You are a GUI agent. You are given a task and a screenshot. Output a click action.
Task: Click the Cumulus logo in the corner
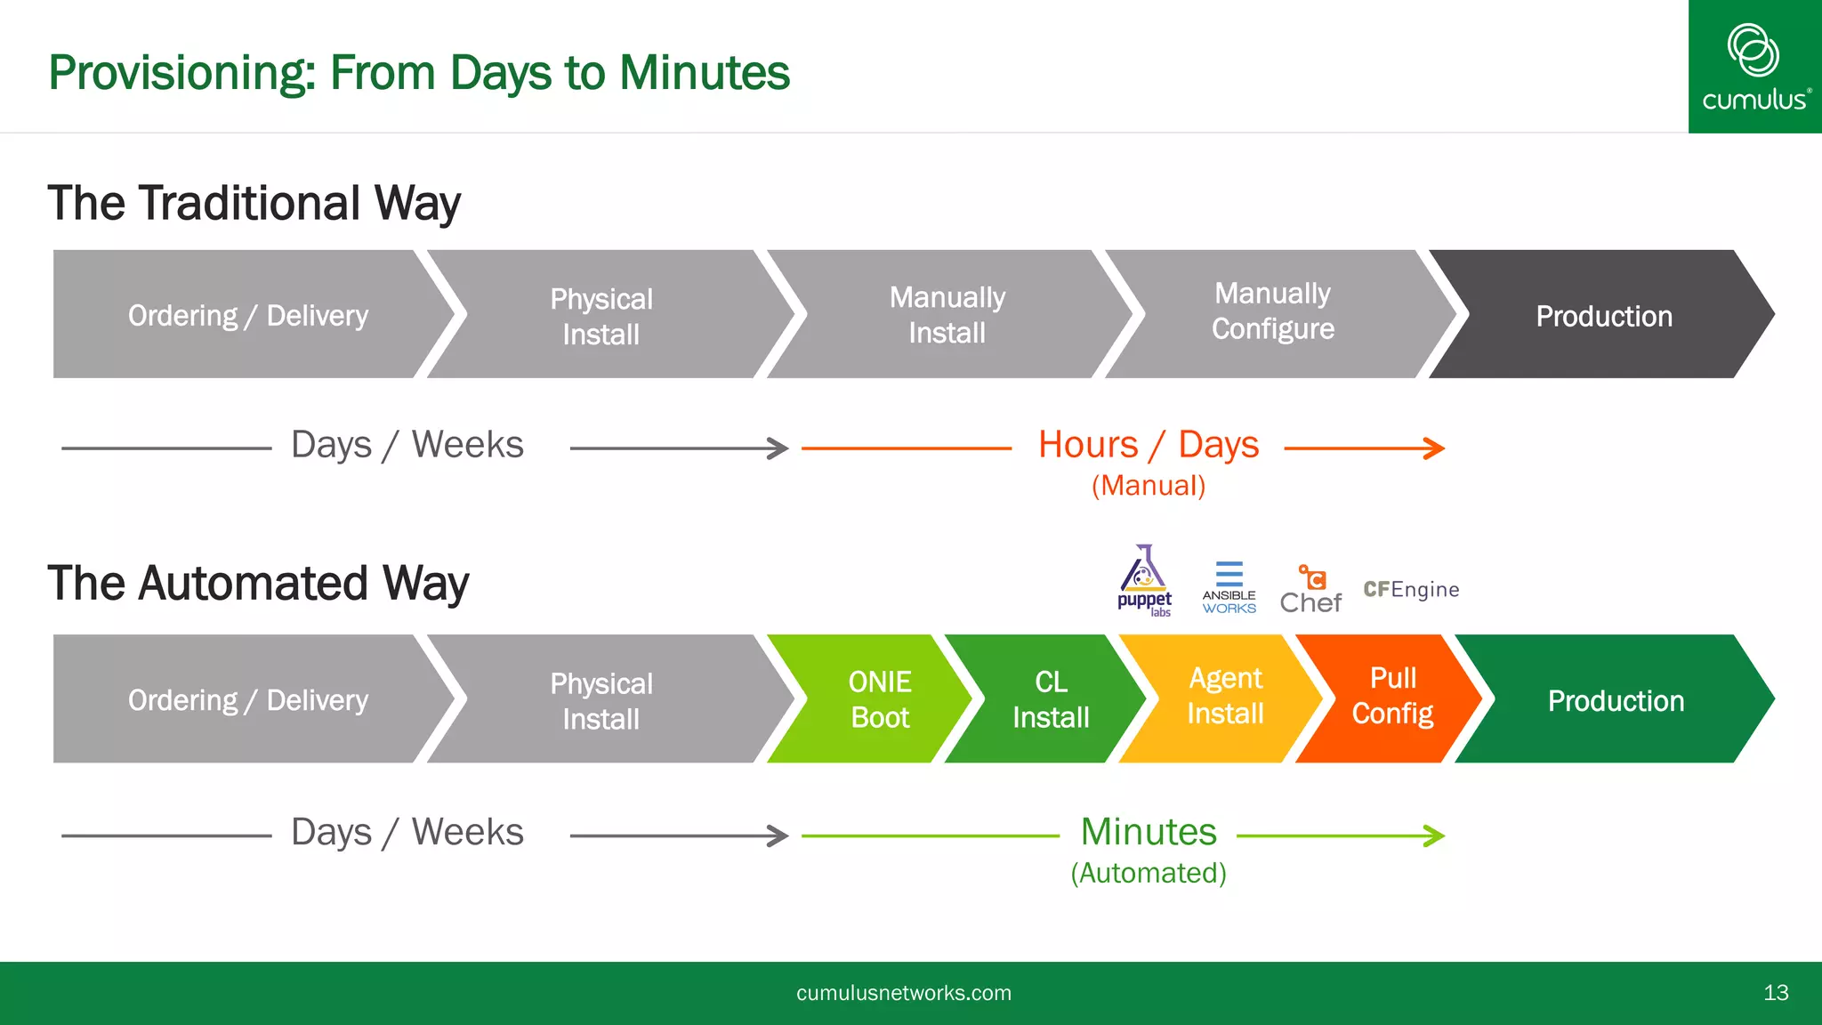click(1754, 67)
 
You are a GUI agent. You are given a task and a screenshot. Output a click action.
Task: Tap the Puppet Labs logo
click(1144, 581)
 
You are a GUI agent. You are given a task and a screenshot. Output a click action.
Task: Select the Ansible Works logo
click(1229, 588)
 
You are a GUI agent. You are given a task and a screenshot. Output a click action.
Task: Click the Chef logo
click(1310, 590)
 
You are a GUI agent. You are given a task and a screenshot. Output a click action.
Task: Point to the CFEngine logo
click(1411, 590)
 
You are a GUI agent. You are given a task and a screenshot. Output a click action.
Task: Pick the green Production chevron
click(1615, 700)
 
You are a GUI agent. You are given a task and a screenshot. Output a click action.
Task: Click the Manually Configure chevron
click(1272, 312)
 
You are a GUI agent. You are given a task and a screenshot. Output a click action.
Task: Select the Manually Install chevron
click(947, 315)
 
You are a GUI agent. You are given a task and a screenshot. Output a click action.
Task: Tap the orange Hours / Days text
click(1149, 445)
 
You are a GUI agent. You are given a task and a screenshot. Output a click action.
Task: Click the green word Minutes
click(1148, 833)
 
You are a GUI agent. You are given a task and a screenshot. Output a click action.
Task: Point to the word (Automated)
click(1148, 874)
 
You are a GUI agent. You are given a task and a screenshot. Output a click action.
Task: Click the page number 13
click(1775, 993)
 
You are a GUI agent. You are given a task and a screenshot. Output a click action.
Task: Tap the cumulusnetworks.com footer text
click(903, 993)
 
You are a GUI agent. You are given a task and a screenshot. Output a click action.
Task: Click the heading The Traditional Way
click(254, 204)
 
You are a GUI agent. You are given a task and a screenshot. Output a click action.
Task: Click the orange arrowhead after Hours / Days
click(1435, 448)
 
